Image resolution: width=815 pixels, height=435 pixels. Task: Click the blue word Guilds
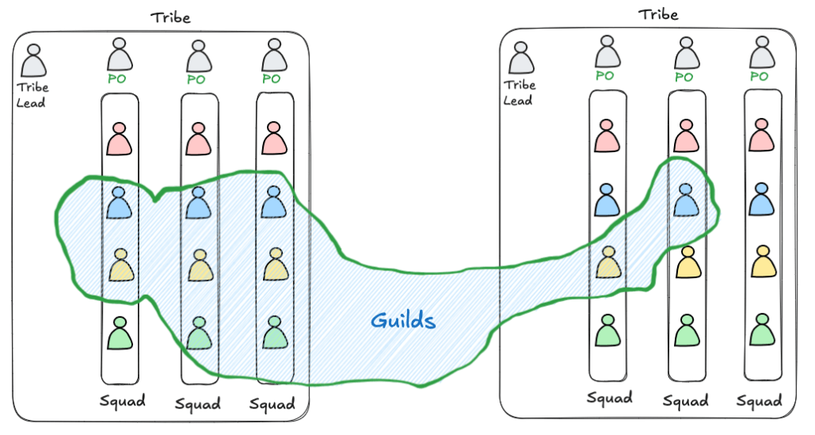[x=403, y=321]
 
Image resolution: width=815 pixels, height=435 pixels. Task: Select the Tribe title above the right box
[x=658, y=14]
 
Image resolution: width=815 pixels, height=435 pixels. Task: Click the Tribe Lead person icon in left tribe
[x=33, y=61]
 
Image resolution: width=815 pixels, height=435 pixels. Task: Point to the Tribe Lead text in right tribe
[x=520, y=92]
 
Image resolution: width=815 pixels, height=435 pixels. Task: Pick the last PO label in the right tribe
[x=759, y=77]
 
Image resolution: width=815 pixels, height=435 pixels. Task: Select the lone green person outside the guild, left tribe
[x=120, y=332]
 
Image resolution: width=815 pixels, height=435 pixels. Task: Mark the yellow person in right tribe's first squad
[x=607, y=262]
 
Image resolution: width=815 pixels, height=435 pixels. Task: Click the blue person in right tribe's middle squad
[x=684, y=200]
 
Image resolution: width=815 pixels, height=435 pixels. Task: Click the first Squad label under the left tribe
[x=123, y=401]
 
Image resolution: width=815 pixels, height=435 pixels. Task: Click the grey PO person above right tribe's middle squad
[x=684, y=53]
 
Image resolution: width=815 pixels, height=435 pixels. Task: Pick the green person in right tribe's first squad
[x=607, y=331]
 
